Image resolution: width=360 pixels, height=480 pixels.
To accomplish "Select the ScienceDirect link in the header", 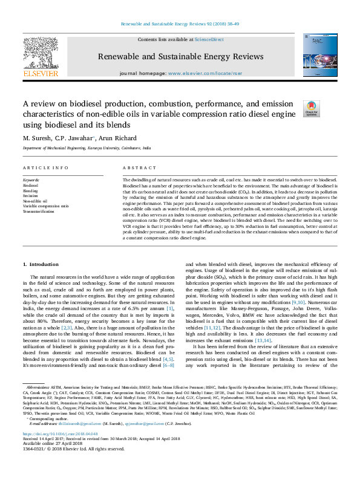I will point(209,39).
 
